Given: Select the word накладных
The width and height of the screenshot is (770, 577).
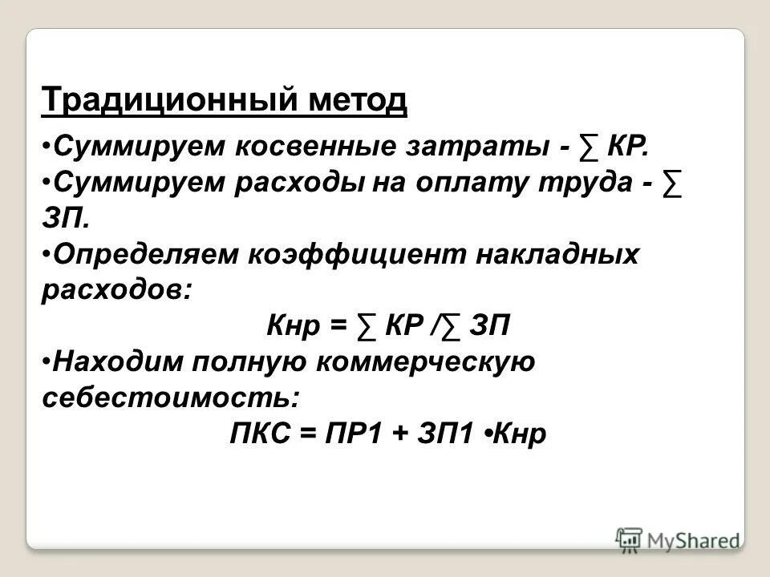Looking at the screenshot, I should point(552,255).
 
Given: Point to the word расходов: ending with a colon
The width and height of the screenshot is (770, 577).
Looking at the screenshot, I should point(117,290).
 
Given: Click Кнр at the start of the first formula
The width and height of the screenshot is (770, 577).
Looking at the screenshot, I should point(291,327).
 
